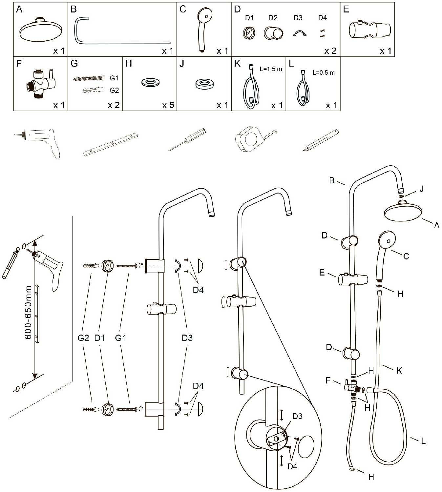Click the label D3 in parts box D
click(x=298, y=18)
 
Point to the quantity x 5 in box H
click(x=168, y=105)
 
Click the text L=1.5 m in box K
click(x=271, y=69)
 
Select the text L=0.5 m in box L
click(x=324, y=72)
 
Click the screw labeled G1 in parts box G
click(x=89, y=78)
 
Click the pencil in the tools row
click(x=320, y=140)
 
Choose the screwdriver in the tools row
click(x=187, y=140)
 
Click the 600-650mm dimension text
click(x=29, y=312)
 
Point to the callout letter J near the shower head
click(x=422, y=189)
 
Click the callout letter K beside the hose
click(x=399, y=371)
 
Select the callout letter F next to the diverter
click(x=328, y=380)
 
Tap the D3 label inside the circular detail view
click(x=297, y=416)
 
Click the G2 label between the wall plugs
click(x=83, y=338)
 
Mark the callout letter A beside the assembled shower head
click(x=436, y=225)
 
